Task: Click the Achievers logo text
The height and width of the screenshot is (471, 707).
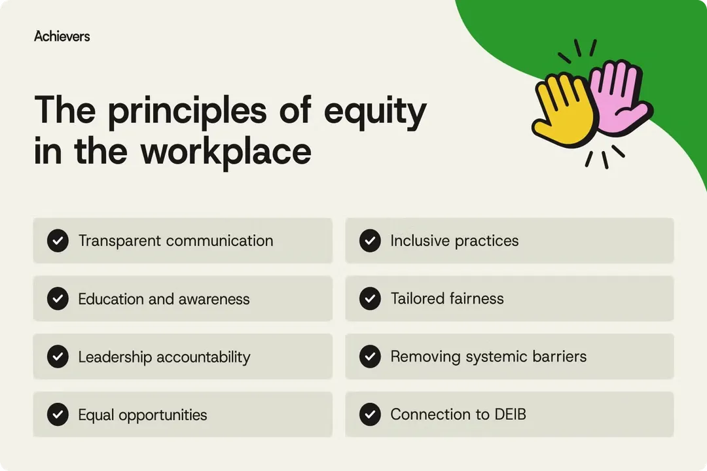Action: [62, 37]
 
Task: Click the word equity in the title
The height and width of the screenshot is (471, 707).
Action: [374, 111]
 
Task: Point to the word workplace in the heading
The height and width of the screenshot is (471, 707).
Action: [226, 151]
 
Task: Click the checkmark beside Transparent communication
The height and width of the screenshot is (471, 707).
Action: [58, 241]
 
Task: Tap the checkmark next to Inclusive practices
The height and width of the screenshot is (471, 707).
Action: [370, 241]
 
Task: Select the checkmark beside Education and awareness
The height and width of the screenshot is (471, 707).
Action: [58, 299]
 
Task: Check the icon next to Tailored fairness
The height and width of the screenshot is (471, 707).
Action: [370, 299]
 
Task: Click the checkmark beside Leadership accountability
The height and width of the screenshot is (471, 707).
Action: [58, 357]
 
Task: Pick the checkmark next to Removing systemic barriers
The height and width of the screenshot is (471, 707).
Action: [370, 357]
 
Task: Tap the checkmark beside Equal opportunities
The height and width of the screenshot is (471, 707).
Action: [58, 415]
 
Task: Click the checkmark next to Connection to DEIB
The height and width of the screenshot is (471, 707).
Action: [370, 415]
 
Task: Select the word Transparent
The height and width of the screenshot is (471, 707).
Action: [120, 241]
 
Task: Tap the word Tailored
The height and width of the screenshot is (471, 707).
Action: [417, 299]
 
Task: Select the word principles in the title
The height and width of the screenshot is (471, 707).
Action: [187, 111]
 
